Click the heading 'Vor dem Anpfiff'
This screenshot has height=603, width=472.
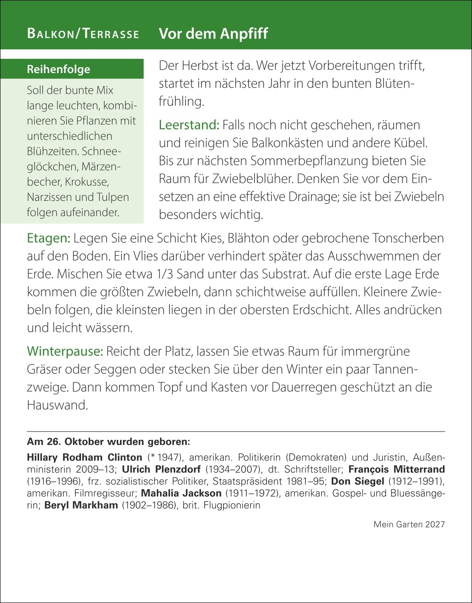[213, 34]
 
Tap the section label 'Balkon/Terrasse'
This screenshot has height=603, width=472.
[83, 34]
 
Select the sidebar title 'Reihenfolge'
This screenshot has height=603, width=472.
[58, 69]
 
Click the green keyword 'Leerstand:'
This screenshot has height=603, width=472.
[189, 125]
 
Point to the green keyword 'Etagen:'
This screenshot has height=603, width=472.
[48, 238]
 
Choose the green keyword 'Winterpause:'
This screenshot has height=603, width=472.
[65, 351]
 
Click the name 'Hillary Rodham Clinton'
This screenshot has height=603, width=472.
[85, 457]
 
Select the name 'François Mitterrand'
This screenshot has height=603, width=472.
[397, 469]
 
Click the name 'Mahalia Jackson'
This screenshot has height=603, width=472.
[181, 493]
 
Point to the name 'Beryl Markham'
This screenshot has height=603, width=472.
[81, 505]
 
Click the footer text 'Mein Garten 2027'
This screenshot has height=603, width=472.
[409, 524]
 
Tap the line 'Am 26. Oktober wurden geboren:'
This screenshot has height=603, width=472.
[109, 442]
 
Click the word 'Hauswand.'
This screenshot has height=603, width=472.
[57, 405]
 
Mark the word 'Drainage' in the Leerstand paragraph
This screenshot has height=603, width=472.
[314, 197]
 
